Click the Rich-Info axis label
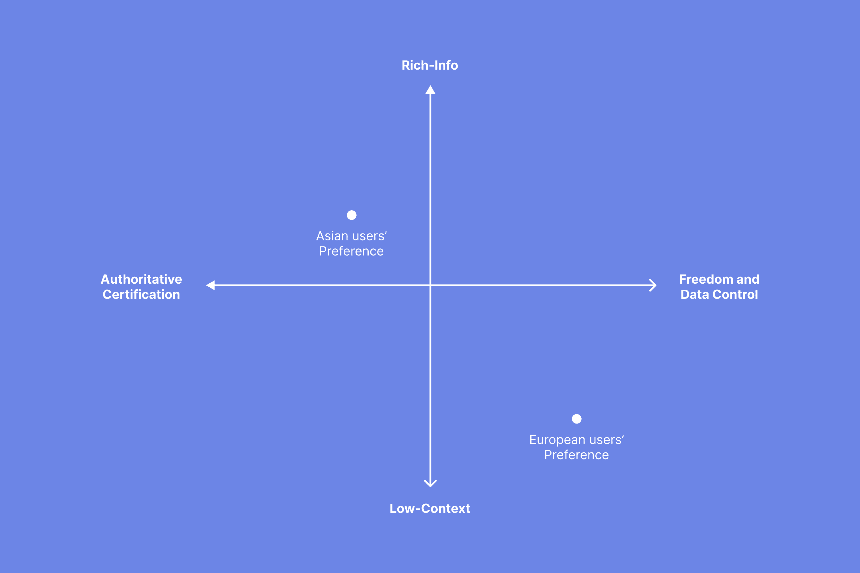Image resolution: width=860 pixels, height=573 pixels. coord(430,65)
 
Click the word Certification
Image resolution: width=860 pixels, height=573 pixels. coord(141,295)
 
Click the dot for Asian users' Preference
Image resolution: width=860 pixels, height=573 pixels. coord(351,215)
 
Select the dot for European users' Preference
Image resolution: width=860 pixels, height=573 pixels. coord(576,419)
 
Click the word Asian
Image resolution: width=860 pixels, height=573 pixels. coord(332,236)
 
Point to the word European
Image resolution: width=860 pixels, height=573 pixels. coord(557,440)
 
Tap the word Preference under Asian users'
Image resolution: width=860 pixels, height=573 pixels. coord(351,252)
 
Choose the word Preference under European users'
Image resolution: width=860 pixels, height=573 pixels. coord(576,455)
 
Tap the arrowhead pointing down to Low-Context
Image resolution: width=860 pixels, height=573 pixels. coord(430,484)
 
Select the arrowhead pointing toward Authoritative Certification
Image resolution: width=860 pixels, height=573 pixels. coord(211,285)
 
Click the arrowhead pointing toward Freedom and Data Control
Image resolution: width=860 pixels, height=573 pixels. coord(653,285)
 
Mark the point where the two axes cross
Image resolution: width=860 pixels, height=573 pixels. coord(430,285)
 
